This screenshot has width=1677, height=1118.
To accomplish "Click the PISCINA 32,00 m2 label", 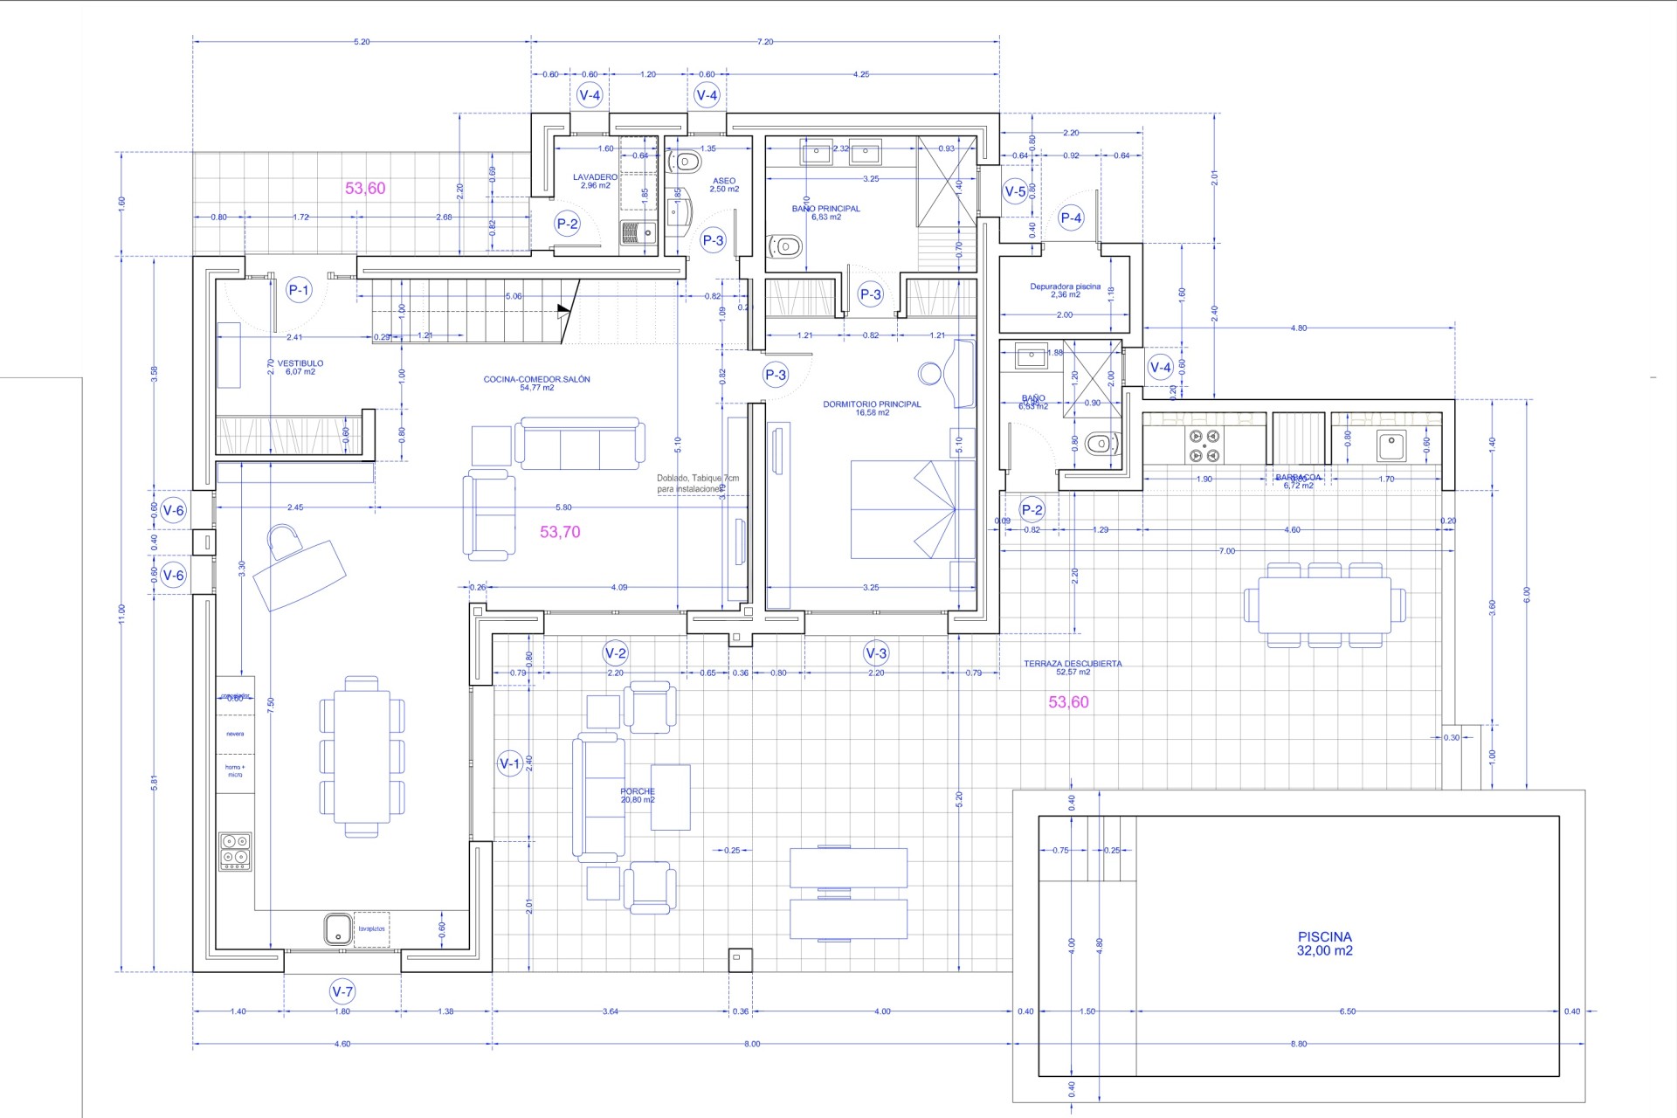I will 1324,943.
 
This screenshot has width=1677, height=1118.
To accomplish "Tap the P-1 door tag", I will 299,290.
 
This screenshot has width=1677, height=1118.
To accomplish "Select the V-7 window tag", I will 342,991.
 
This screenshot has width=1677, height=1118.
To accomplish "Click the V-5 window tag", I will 1015,191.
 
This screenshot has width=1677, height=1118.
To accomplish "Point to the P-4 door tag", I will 1071,218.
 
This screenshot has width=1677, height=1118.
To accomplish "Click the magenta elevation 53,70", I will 560,532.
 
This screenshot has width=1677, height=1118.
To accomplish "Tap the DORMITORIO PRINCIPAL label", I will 872,408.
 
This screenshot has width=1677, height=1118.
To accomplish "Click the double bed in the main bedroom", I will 913,509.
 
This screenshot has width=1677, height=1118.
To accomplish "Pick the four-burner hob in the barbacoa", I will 1204,445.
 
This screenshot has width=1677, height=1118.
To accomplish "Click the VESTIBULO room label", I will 300,367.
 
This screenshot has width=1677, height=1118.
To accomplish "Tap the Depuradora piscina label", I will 1065,290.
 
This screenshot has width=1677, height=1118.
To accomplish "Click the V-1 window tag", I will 509,763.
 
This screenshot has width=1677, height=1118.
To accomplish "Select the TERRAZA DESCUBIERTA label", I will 1073,667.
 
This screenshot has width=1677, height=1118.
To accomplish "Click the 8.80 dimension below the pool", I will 1298,1044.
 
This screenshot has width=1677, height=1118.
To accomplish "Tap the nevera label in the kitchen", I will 235,734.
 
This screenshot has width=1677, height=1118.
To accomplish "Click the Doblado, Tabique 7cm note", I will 697,484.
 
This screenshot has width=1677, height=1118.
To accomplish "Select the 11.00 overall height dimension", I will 122,613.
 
